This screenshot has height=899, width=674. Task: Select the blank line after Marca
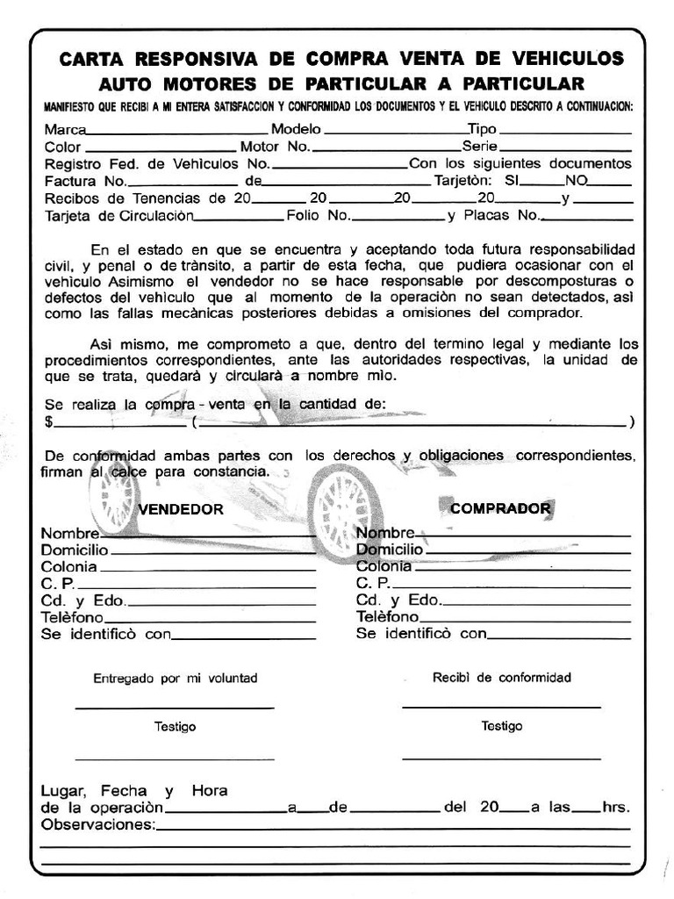(176, 132)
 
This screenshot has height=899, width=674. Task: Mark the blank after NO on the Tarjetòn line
(611, 183)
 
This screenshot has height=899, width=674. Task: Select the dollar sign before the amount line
(48, 422)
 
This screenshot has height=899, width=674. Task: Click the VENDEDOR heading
(180, 509)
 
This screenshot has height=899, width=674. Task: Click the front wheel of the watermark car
(341, 514)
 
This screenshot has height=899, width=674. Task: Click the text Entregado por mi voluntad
(176, 679)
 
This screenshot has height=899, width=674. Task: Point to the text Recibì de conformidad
(501, 678)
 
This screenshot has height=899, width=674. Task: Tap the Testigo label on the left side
(176, 727)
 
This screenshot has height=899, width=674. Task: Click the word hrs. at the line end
(616, 808)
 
